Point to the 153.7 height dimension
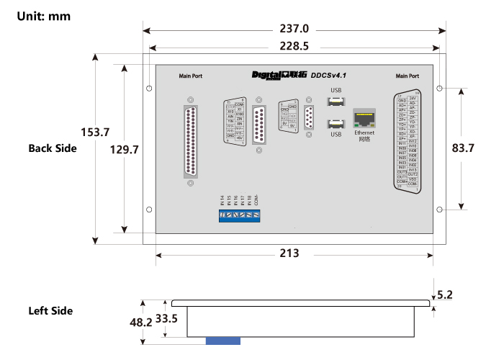[x=95, y=132]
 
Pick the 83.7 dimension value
[x=462, y=149]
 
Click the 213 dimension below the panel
[x=288, y=253]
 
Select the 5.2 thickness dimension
[x=445, y=294]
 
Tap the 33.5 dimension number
[x=166, y=318]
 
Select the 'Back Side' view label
[x=52, y=148]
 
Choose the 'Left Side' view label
[x=50, y=311]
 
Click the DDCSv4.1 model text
[x=329, y=75]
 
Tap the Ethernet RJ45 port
[x=364, y=119]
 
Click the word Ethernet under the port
[x=364, y=133]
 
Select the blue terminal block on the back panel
[x=240, y=215]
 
